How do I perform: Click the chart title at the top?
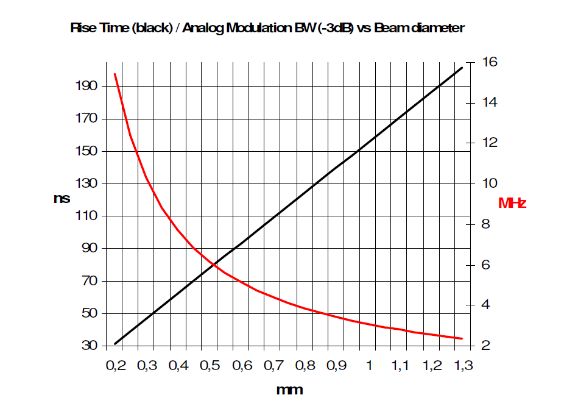click(267, 28)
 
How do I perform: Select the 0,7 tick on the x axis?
click(272, 366)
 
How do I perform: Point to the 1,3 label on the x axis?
click(463, 366)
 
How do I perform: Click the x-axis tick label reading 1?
click(369, 366)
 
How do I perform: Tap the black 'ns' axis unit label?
click(62, 198)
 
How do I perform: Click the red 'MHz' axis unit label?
click(512, 203)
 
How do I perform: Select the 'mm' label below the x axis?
click(289, 389)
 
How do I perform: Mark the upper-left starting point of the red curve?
click(115, 74)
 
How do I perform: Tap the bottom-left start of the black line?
click(115, 344)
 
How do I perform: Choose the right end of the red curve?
click(462, 338)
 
